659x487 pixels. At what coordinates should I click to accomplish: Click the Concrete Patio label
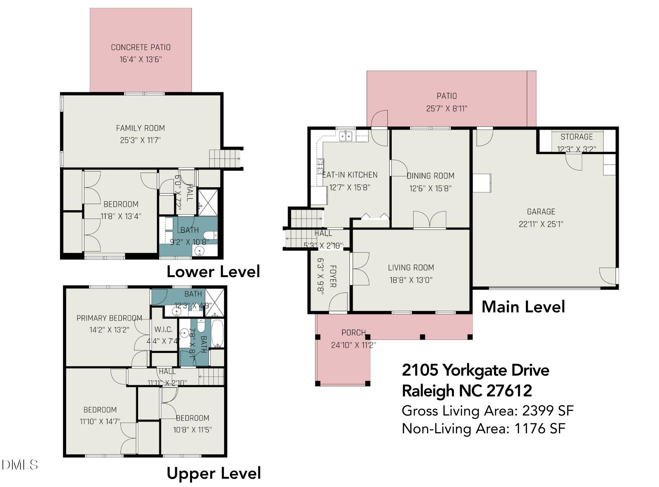tap(141, 47)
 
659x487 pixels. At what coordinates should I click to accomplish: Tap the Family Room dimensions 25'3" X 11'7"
tap(140, 140)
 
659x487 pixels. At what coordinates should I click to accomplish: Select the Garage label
tap(541, 212)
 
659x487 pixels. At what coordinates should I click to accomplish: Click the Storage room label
tap(576, 137)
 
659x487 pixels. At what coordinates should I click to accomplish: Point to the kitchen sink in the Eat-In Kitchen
tap(346, 136)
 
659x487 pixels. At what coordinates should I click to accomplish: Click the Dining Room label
tap(430, 176)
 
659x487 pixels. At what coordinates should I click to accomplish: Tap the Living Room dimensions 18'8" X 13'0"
tap(411, 280)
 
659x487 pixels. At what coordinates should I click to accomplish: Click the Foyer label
tap(333, 276)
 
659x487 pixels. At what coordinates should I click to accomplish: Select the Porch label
tap(353, 333)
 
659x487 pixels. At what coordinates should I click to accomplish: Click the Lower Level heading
tap(213, 272)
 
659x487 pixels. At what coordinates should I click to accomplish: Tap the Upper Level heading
tap(214, 473)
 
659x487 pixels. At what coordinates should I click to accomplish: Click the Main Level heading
tap(523, 307)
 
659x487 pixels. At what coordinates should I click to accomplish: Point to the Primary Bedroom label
tap(109, 318)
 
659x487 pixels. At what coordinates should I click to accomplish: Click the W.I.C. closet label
tap(163, 329)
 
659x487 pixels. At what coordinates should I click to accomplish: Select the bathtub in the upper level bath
tap(217, 333)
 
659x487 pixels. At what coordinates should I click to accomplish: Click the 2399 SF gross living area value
tap(548, 411)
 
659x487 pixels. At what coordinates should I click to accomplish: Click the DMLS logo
tap(19, 465)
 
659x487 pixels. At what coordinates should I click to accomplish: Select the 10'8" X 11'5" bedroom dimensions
tap(192, 430)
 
